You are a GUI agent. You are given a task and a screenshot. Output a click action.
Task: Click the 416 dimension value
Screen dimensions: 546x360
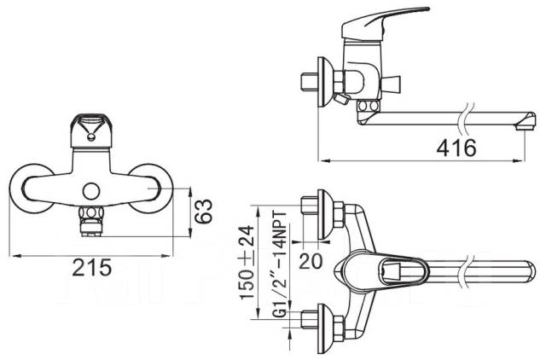(x=456, y=148)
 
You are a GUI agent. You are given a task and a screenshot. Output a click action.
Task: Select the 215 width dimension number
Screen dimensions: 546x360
(x=91, y=268)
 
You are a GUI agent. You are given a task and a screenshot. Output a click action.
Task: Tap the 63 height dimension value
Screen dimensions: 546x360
(x=203, y=211)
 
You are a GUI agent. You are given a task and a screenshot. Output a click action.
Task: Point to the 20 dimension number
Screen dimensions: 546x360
(x=311, y=260)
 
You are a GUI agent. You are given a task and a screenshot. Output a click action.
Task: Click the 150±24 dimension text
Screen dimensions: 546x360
(x=247, y=262)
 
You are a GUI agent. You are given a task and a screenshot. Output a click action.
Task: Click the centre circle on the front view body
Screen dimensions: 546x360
(x=91, y=191)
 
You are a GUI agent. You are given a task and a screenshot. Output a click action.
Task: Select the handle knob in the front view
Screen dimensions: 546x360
(x=91, y=131)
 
